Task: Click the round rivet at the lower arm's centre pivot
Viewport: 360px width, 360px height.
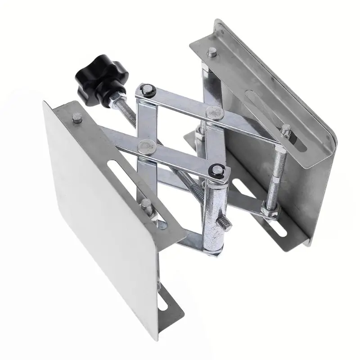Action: pos(145,145)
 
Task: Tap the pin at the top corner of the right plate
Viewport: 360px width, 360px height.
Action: pos(211,53)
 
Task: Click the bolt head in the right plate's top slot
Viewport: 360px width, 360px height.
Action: pos(286,130)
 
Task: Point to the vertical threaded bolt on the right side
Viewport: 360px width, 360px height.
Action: pos(275,175)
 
